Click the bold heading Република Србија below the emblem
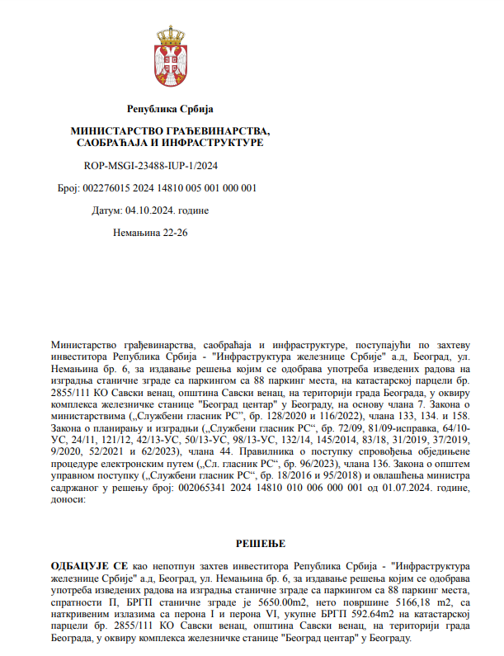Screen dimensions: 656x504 (170, 109)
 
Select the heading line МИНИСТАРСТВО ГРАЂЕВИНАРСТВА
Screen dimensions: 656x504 (170, 131)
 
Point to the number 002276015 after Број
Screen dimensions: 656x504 (103, 188)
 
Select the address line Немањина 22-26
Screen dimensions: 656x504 (150, 233)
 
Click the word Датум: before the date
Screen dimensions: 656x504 (106, 210)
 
